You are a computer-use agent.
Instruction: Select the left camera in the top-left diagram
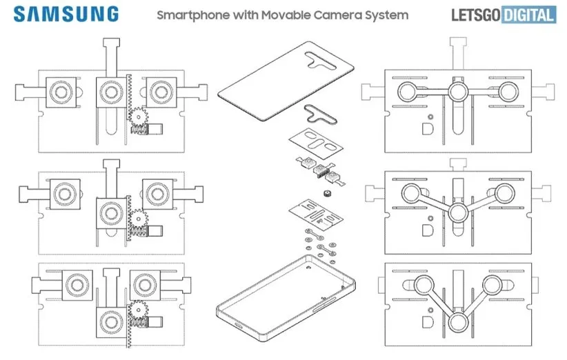click(x=59, y=92)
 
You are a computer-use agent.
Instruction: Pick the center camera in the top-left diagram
click(x=109, y=91)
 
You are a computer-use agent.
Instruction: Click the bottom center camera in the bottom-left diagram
click(x=109, y=321)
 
